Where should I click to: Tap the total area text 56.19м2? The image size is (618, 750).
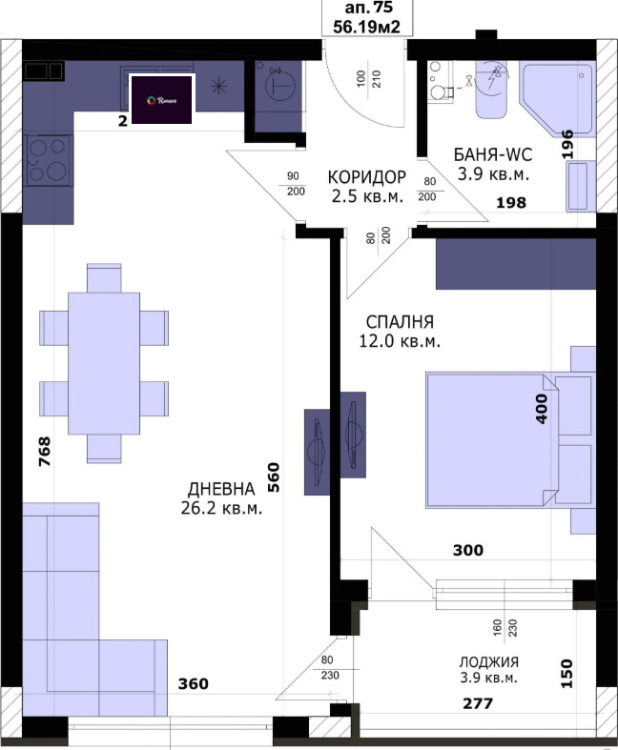[366, 28]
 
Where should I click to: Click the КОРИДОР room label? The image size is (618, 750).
[366, 177]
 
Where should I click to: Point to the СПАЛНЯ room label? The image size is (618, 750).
[401, 321]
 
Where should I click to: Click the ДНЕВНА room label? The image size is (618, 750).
[220, 488]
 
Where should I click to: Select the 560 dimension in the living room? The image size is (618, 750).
[274, 476]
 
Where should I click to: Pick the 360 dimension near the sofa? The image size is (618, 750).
[194, 684]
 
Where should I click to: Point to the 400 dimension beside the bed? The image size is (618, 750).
[543, 407]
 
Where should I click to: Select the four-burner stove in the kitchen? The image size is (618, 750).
[48, 160]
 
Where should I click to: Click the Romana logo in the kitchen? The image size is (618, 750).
[162, 100]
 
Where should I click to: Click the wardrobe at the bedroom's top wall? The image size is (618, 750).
[516, 264]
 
